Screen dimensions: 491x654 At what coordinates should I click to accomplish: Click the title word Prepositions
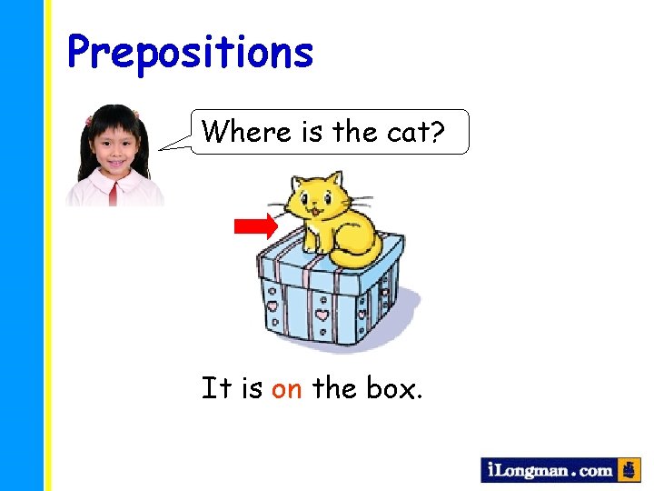(x=190, y=54)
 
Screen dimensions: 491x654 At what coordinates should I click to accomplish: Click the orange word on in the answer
(x=287, y=389)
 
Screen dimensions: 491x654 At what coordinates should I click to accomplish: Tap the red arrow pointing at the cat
(x=256, y=226)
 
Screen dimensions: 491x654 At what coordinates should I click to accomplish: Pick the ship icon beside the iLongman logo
(x=629, y=470)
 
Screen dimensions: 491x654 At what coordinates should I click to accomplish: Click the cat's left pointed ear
(x=295, y=181)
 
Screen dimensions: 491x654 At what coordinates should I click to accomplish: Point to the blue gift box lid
(x=327, y=259)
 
